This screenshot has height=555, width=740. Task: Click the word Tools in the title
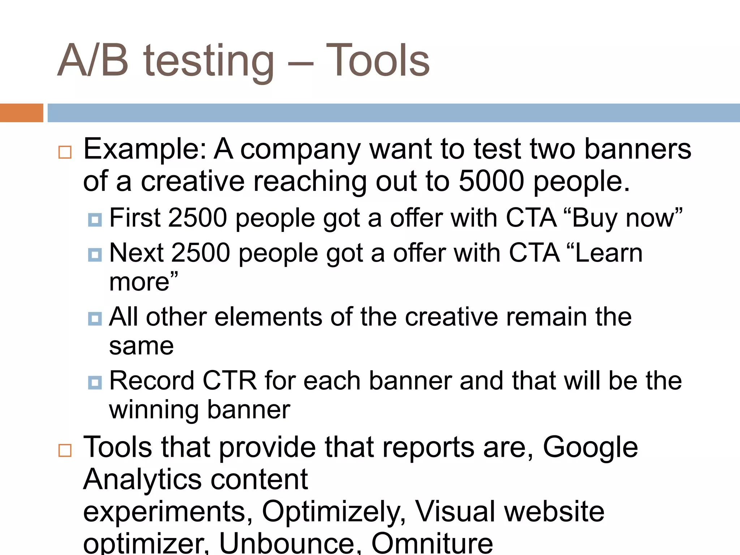378,61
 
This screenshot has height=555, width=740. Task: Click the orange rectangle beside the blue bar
21,113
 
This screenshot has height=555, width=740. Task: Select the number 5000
491,181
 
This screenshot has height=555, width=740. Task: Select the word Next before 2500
137,253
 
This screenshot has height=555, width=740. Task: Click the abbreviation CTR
229,381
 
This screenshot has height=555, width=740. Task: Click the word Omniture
432,543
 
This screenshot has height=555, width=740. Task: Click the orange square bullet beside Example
65,152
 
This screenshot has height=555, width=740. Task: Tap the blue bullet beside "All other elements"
95,319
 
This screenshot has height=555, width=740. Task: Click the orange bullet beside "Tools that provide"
65,451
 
